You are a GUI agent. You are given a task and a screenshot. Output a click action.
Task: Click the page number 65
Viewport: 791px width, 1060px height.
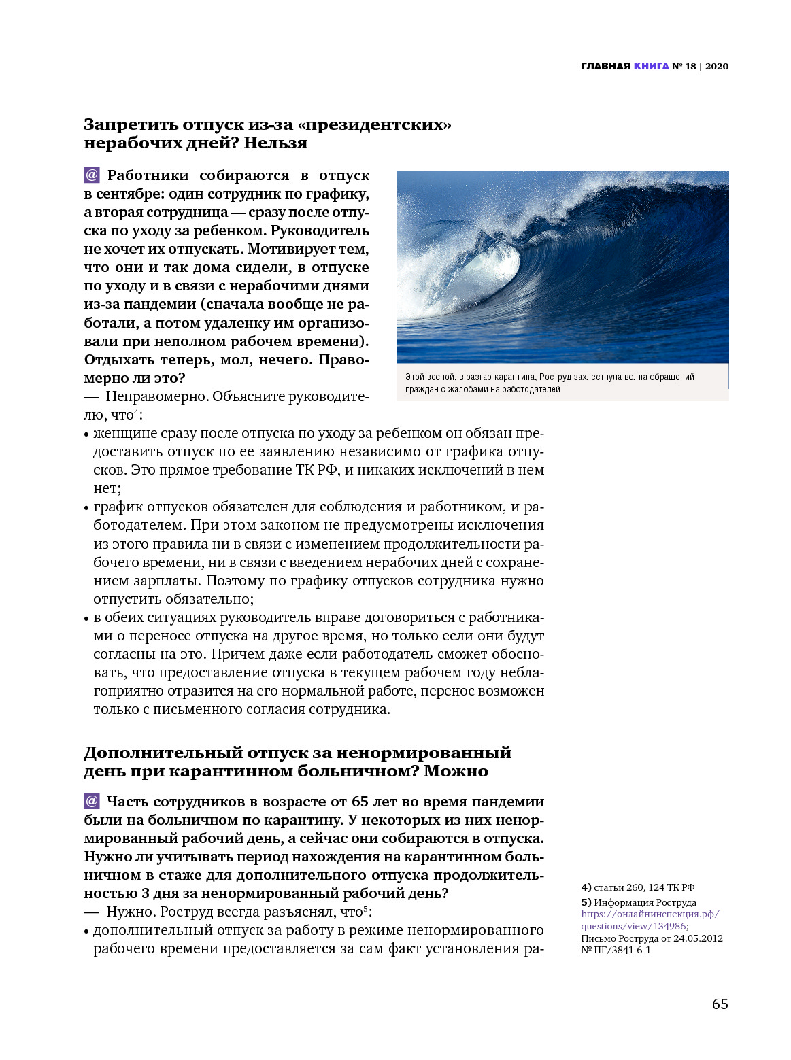pyautogui.click(x=720, y=1004)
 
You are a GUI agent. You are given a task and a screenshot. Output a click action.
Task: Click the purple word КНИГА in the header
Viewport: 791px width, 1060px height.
pyautogui.click(x=651, y=66)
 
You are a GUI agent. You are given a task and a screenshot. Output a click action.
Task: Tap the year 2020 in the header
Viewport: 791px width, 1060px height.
pyautogui.click(x=717, y=66)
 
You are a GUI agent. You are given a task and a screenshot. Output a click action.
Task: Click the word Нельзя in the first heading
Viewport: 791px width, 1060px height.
pyautogui.click(x=275, y=143)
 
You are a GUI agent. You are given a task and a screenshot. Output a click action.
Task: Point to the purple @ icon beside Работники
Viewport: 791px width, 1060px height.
pyautogui.click(x=92, y=175)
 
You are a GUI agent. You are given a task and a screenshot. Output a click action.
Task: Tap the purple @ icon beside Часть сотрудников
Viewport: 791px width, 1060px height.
pyautogui.click(x=92, y=802)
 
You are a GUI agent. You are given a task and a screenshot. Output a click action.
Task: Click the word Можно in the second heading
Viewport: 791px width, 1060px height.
pyautogui.click(x=456, y=771)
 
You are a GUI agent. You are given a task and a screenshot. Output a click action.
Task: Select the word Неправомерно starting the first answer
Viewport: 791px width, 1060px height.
pyautogui.click(x=156, y=396)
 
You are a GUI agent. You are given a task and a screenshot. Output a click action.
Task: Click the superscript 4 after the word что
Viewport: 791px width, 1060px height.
pyautogui.click(x=136, y=411)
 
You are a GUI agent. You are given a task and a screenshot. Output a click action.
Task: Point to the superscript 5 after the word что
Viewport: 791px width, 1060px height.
pyautogui.click(x=365, y=908)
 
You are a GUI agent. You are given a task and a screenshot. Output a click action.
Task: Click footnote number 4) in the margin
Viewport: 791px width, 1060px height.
pyautogui.click(x=586, y=887)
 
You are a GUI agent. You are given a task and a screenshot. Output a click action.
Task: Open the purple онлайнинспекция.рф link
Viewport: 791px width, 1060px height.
pyautogui.click(x=650, y=914)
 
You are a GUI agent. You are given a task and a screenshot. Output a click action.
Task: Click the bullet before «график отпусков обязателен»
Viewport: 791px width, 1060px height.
pyautogui.click(x=86, y=507)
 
